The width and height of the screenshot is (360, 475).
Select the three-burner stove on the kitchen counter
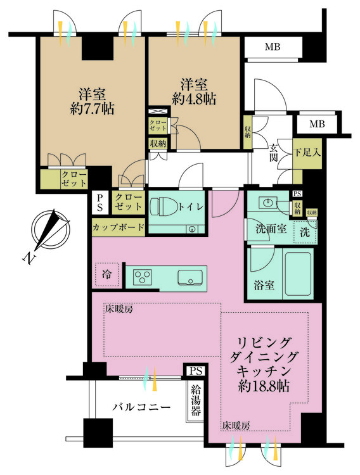[x=143, y=277]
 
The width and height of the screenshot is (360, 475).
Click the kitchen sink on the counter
[x=190, y=277]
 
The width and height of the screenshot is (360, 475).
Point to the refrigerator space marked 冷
[x=106, y=274]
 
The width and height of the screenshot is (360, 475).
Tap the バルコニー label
[x=141, y=407]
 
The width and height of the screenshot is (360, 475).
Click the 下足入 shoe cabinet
[x=307, y=154]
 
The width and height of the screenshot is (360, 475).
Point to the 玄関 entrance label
[x=274, y=154]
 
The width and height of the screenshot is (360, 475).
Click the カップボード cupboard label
[x=119, y=227]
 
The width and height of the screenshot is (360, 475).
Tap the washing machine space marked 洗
[x=305, y=232]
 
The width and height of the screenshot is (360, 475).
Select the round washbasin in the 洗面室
[x=267, y=202]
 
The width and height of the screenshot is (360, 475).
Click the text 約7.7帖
[x=92, y=108]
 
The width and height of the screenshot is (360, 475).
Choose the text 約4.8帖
[x=194, y=98]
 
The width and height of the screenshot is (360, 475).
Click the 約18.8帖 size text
[x=263, y=386]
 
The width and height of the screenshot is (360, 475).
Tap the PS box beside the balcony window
[x=196, y=370]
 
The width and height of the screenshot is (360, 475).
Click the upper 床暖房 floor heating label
[x=119, y=309]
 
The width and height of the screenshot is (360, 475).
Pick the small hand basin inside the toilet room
[x=192, y=229]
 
